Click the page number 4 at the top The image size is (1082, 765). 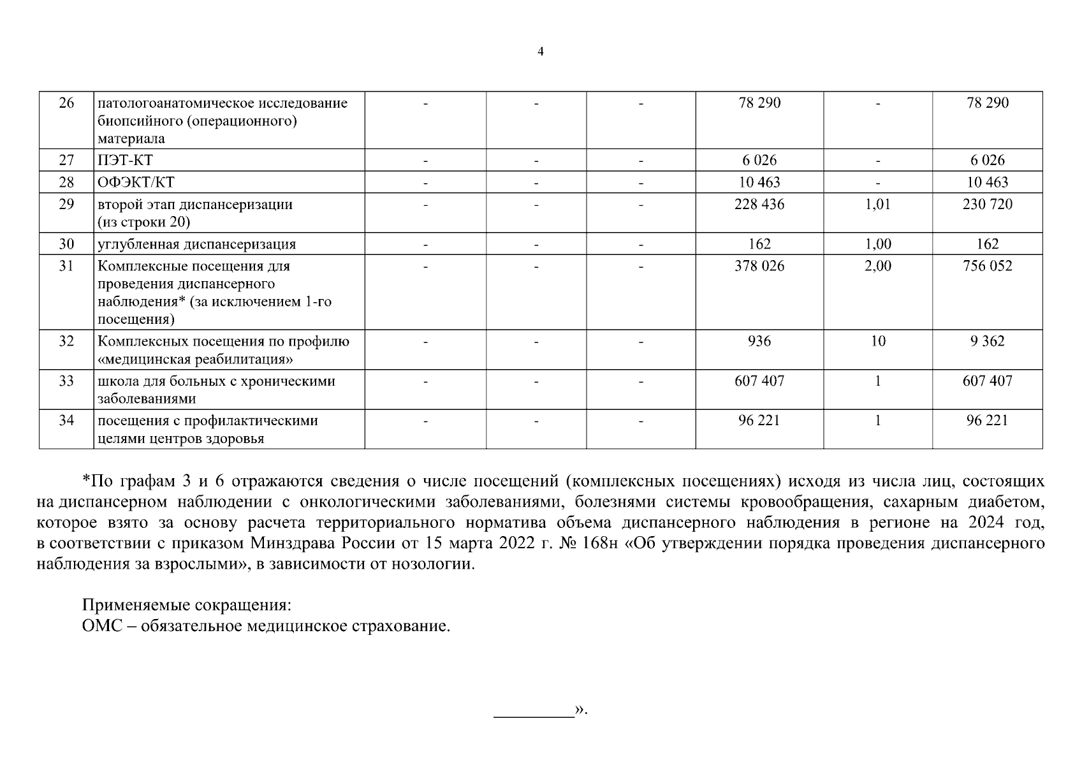click(x=541, y=52)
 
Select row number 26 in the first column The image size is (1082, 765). click(x=66, y=103)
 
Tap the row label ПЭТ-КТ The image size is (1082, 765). click(x=125, y=161)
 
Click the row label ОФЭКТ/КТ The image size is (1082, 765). click(x=136, y=183)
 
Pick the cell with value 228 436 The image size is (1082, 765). click(x=759, y=205)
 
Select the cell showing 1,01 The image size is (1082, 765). click(x=877, y=205)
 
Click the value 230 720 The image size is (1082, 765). click(x=987, y=205)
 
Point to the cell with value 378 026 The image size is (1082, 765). click(x=759, y=266)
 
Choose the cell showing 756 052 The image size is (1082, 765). click(x=987, y=266)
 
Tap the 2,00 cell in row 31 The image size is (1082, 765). click(x=877, y=266)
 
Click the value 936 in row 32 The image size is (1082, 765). click(x=759, y=342)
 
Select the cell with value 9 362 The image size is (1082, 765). click(x=987, y=342)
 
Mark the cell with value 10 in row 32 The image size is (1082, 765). click(x=878, y=342)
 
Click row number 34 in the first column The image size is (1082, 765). click(x=66, y=421)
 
